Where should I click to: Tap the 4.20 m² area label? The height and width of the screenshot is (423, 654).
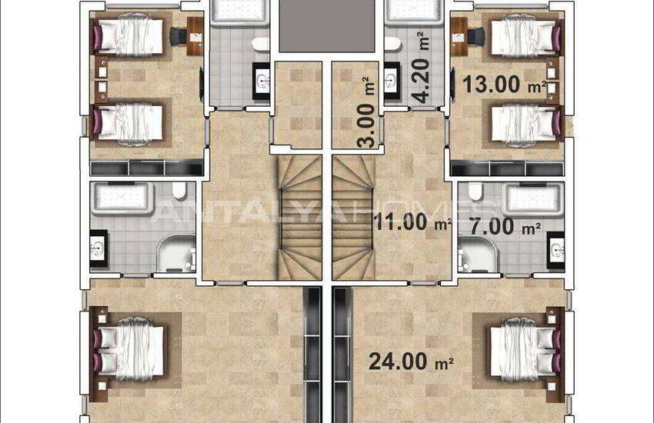click(x=420, y=67)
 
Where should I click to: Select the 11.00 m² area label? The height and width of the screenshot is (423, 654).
click(x=412, y=224)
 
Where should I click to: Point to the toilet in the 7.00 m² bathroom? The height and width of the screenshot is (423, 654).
click(x=475, y=191)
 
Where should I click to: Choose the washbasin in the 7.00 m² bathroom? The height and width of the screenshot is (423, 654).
click(x=556, y=248)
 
